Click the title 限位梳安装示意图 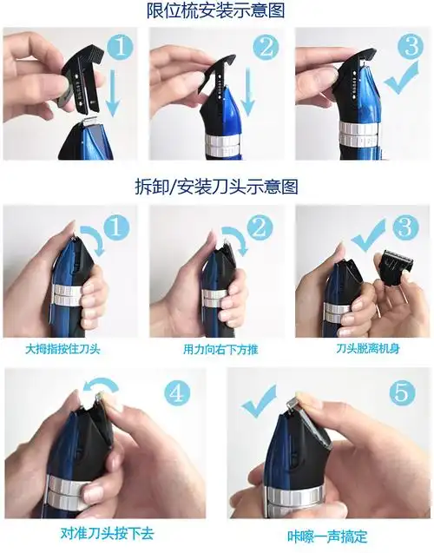(215, 10)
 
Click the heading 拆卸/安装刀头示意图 (216, 187)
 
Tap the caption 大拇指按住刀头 (62, 349)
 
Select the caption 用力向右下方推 (220, 349)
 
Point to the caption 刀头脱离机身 (368, 348)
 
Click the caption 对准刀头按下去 (107, 533)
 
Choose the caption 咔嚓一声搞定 (327, 537)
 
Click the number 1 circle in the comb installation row (121, 47)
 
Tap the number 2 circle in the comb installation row (266, 47)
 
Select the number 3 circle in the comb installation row (411, 47)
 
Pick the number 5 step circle (403, 393)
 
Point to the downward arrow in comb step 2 (248, 92)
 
